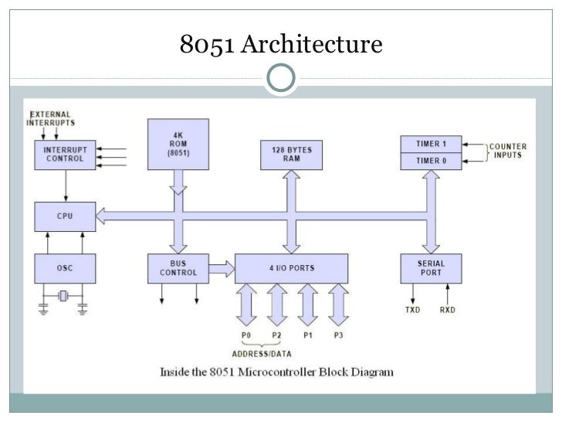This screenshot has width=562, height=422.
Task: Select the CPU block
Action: (65, 216)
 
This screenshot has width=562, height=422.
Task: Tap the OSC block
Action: (65, 268)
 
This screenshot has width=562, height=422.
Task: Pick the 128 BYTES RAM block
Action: (291, 155)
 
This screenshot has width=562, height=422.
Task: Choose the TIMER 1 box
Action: (432, 144)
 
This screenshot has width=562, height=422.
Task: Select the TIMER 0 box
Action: (432, 162)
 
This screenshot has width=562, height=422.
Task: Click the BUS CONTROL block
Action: (178, 268)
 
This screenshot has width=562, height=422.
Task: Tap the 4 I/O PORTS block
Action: (291, 268)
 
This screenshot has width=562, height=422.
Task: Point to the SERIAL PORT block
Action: (432, 268)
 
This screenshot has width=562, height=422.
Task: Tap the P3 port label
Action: (338, 335)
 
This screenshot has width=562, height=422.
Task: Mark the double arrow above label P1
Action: (307, 305)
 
